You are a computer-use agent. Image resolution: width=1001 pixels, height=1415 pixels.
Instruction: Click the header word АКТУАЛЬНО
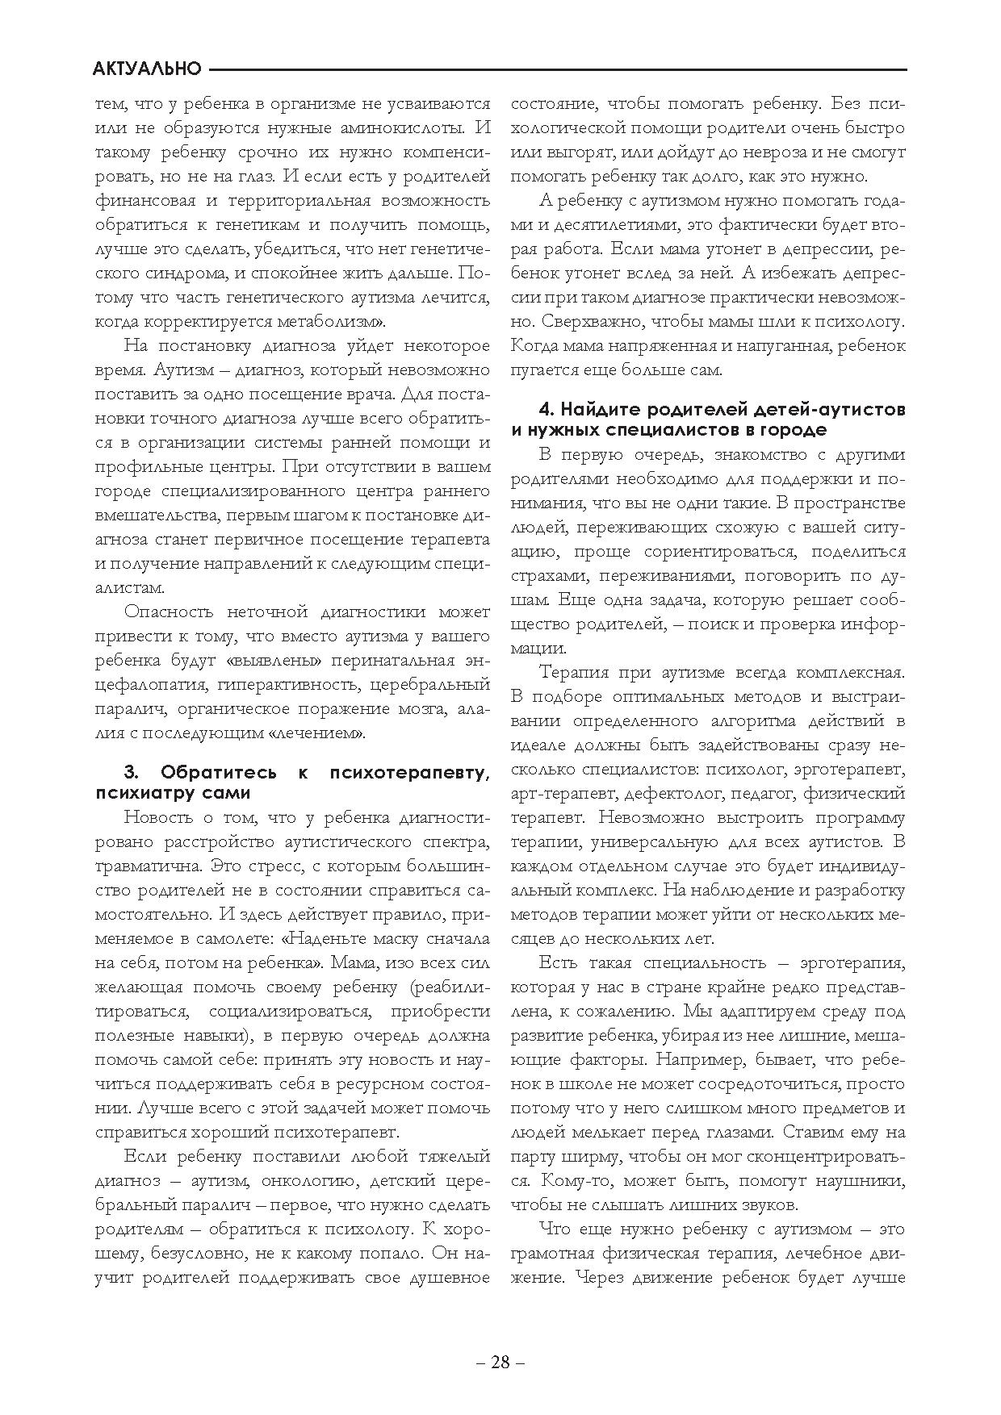coord(147,69)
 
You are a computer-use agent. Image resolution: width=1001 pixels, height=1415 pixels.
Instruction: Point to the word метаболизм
coord(333,322)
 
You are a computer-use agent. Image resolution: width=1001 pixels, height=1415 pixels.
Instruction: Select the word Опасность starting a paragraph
coord(167,612)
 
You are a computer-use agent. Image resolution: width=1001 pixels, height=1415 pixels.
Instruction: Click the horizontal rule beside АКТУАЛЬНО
coord(557,69)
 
